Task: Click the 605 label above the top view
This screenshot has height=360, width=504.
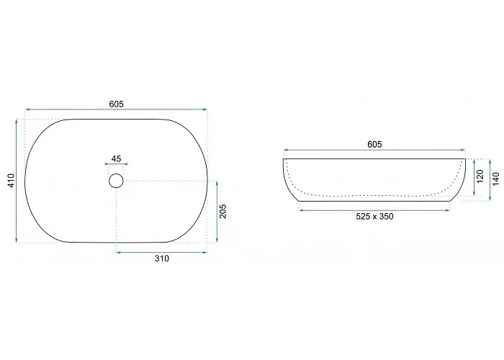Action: (117, 104)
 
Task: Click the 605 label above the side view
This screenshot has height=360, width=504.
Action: (374, 145)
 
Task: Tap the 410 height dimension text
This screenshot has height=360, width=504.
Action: (12, 181)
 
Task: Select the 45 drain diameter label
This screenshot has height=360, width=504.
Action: (116, 159)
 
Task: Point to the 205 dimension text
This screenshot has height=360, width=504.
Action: (222, 211)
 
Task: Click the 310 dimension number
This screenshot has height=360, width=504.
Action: (162, 258)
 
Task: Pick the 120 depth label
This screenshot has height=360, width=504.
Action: (480, 176)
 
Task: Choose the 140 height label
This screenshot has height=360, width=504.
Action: (496, 179)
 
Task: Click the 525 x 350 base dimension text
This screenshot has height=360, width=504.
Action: (374, 217)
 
